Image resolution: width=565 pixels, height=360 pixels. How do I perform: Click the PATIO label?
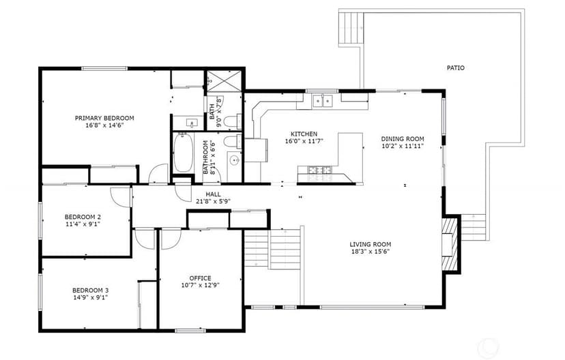[455, 67]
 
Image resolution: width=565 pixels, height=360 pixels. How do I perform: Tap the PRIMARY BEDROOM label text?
[104, 118]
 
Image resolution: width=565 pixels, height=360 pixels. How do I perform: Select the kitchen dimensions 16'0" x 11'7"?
[304, 141]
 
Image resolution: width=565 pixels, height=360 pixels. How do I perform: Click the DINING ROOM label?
[403, 139]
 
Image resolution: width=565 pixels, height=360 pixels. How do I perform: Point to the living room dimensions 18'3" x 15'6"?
[371, 252]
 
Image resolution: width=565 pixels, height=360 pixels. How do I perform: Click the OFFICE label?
[201, 278]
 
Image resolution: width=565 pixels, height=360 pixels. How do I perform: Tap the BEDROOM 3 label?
[91, 290]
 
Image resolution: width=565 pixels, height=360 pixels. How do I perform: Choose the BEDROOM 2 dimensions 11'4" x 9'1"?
[83, 224]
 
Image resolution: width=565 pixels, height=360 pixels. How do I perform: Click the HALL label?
[214, 194]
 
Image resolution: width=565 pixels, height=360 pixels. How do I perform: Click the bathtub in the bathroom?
[183, 153]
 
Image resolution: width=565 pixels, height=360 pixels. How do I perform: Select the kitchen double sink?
[323, 101]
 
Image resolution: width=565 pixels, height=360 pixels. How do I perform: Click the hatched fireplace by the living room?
[450, 243]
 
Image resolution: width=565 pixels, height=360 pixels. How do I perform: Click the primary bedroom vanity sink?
[192, 123]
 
